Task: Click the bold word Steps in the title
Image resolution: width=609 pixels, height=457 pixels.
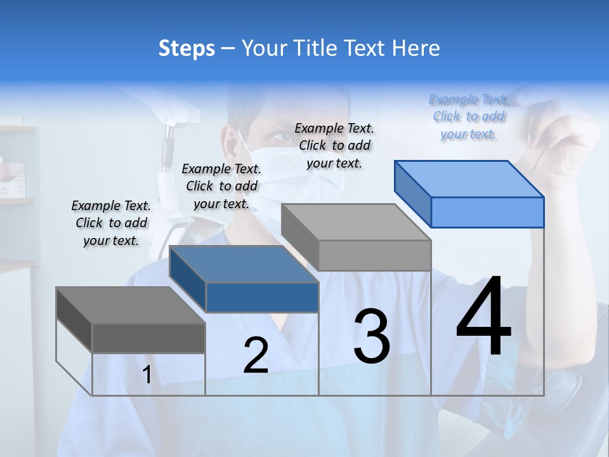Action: [187, 48]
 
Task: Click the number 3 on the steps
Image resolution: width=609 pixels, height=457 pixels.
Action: [372, 336]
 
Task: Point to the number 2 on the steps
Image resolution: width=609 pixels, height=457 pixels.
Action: [256, 355]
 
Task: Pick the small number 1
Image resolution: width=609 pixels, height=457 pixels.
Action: [147, 375]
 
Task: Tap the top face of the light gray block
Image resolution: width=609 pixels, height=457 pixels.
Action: [355, 222]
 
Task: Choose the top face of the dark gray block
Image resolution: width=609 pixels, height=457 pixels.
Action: [130, 305]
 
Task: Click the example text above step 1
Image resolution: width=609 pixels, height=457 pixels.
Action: [111, 223]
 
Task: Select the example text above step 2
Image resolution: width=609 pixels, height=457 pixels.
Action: [221, 186]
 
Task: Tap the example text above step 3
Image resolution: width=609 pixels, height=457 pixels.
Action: [334, 145]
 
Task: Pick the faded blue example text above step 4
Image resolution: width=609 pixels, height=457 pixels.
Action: [468, 116]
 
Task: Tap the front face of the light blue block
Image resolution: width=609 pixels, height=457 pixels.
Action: [487, 212]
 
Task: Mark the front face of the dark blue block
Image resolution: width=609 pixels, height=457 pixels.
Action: [262, 297]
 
